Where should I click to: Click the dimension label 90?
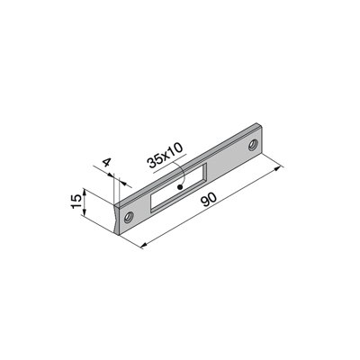point(209,200)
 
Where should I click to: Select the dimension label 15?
point(76,202)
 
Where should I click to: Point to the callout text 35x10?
point(165,155)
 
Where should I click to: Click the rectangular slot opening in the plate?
point(179,188)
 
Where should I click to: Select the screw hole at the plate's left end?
point(129,217)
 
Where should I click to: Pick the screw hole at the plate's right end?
point(253,145)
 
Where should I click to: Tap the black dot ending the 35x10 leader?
point(180,187)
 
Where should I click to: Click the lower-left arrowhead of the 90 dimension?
point(144,246)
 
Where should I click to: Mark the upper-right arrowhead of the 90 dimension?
point(279,168)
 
